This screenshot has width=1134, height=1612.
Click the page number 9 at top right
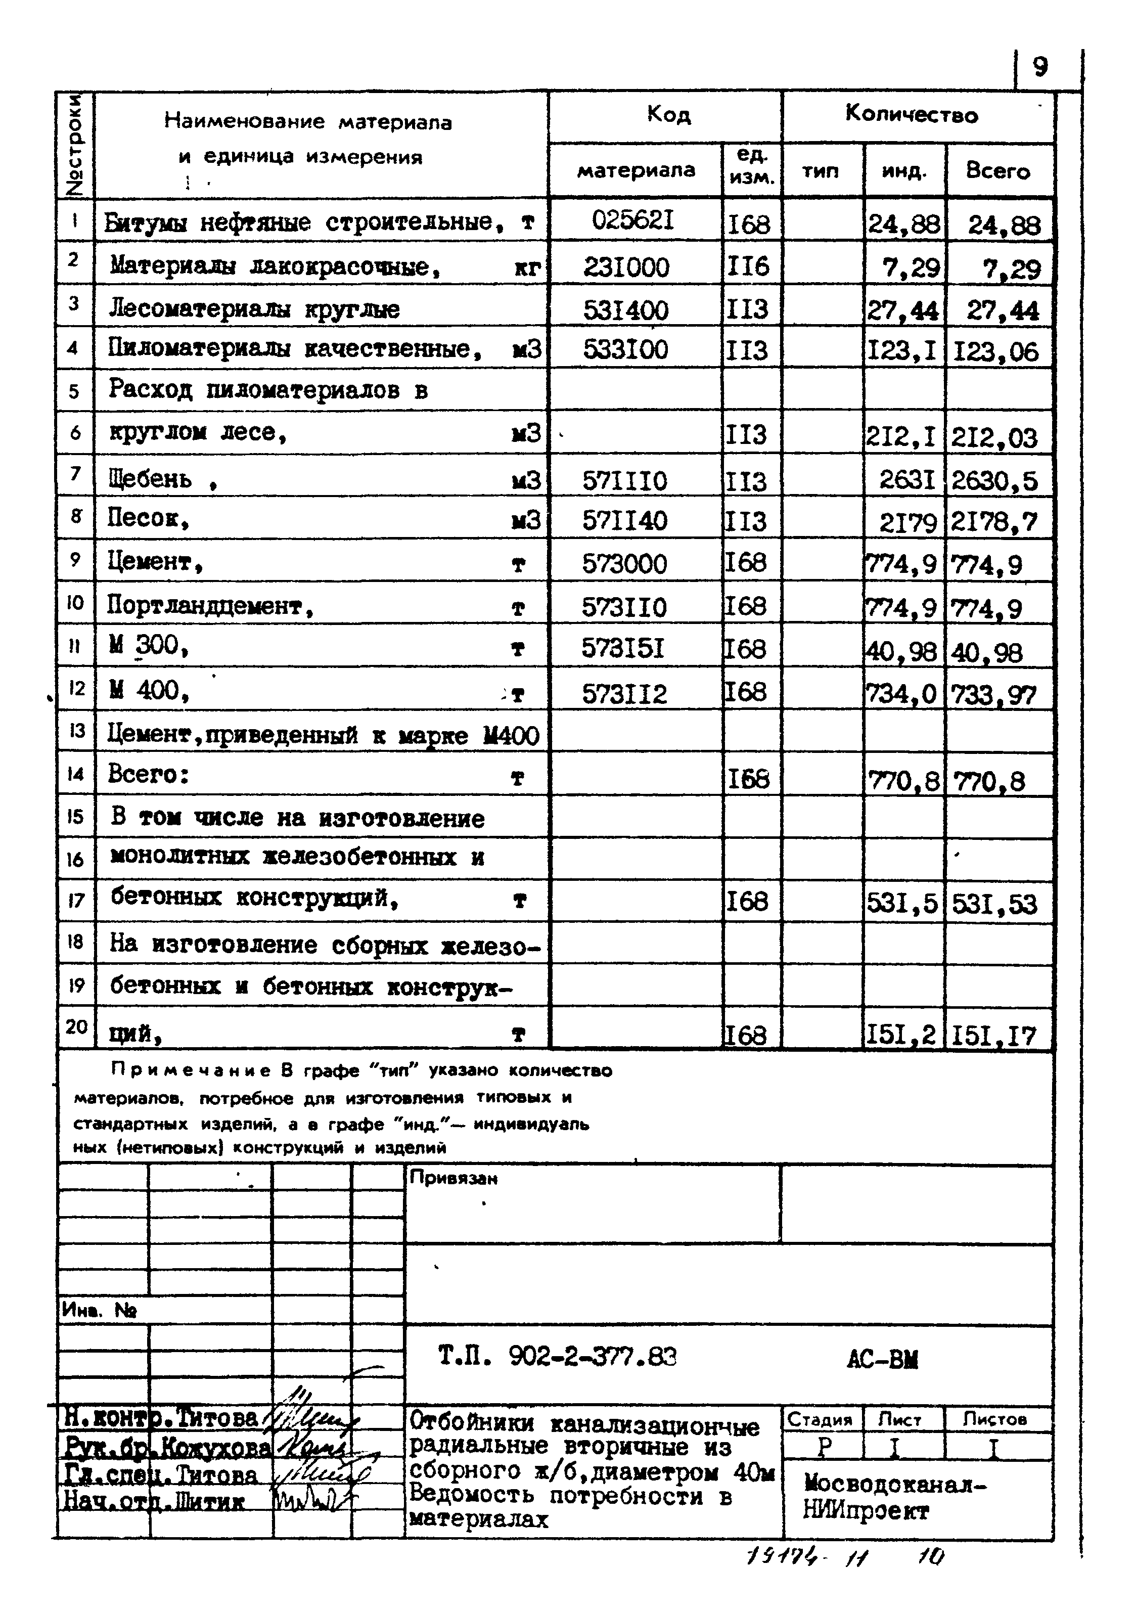(1040, 67)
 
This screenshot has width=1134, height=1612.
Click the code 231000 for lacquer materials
(626, 267)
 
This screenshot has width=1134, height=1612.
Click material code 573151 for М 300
(623, 649)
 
